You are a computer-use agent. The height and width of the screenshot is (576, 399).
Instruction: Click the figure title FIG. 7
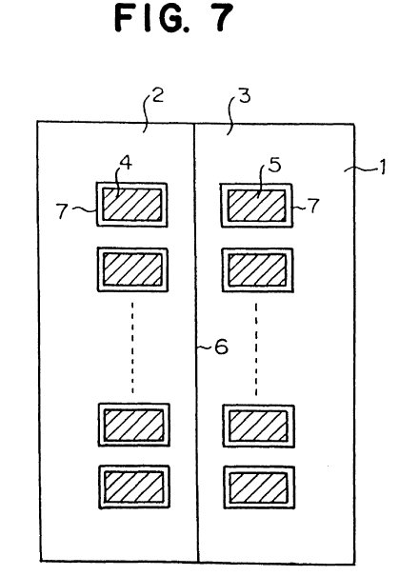coord(173,18)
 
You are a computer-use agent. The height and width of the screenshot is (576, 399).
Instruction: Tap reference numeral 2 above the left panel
coord(158,95)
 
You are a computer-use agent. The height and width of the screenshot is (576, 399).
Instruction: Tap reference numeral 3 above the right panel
coord(245,95)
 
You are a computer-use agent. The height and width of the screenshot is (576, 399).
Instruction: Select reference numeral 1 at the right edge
coord(382,167)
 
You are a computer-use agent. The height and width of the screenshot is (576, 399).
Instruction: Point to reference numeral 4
coord(126,163)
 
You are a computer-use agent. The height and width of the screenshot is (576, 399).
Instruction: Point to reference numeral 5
coord(274,165)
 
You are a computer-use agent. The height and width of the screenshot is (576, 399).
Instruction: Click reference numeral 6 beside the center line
coord(221,347)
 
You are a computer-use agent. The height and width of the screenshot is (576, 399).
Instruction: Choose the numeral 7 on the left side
coord(63,211)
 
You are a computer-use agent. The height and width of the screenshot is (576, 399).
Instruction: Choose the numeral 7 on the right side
coord(313,206)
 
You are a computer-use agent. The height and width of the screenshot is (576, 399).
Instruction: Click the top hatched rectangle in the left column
coord(132,205)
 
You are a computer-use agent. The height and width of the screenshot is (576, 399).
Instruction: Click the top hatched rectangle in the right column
coord(256,206)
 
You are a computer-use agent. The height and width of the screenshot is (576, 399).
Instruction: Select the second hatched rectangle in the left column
coord(132,269)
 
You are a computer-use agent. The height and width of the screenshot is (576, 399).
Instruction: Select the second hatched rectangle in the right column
coord(257,270)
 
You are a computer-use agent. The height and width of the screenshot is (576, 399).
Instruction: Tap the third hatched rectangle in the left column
coord(134,425)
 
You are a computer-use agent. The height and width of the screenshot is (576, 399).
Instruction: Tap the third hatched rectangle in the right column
coord(258,427)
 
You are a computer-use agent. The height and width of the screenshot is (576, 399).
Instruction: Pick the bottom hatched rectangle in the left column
coord(134,487)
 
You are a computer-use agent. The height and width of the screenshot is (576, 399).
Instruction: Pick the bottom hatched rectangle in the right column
coord(259,487)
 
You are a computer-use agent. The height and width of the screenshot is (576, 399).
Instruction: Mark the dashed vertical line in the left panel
coord(132,348)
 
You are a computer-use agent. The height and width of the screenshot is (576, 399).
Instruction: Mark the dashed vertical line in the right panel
coord(256,349)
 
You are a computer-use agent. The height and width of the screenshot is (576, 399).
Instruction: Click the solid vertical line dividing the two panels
coord(196,343)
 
